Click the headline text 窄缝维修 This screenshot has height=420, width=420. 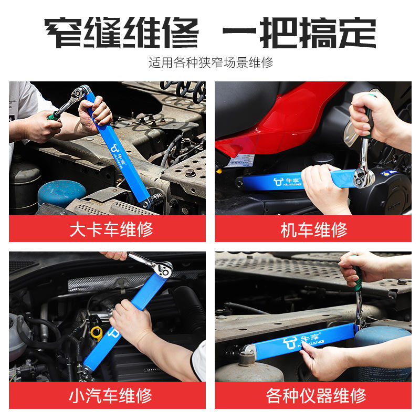121,33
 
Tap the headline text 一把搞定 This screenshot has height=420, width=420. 299,33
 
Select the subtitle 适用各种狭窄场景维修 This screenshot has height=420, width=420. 211,62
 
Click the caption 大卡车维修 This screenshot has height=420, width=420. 111,229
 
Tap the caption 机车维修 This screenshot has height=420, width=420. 313,230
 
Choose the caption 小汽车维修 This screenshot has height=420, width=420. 110,396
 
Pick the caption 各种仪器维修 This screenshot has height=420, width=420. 316,396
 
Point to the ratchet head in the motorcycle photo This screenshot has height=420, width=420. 364,177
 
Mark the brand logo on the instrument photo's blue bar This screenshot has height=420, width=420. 302,341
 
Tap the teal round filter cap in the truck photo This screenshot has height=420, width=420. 62,192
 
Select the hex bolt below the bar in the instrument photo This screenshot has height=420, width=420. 247,358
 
